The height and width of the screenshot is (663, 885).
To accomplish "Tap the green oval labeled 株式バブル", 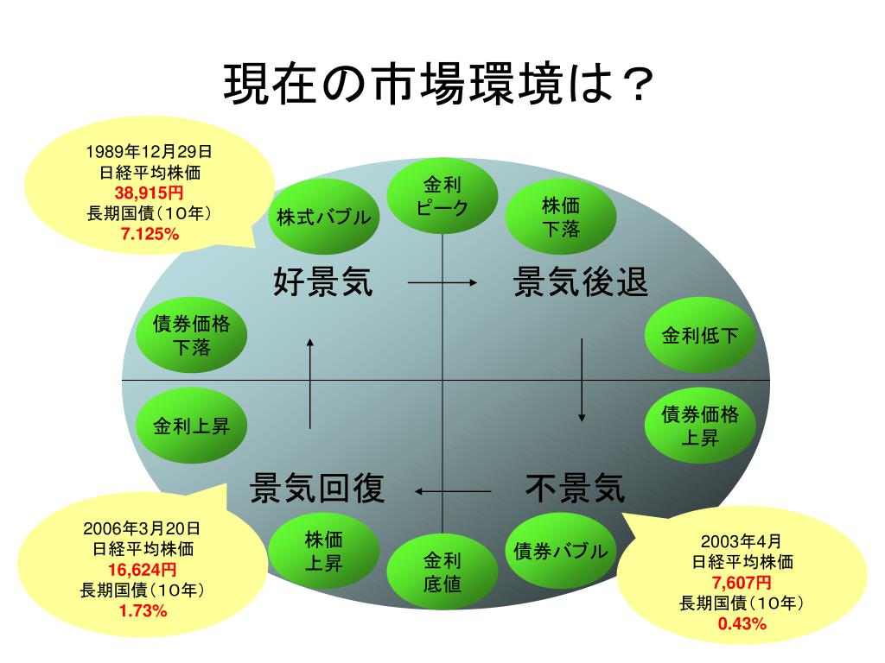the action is [x=323, y=217].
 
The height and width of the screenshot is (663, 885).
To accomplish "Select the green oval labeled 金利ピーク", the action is [x=442, y=196].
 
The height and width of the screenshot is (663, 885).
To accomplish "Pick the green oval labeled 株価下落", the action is [x=561, y=217].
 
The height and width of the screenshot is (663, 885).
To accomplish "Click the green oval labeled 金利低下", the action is [x=700, y=336].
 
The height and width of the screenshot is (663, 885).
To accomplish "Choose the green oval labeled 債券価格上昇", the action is [x=700, y=426].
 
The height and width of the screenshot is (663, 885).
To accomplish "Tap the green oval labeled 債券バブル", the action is [x=561, y=551].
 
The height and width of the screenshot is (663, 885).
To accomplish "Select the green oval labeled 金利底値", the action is [x=442, y=572].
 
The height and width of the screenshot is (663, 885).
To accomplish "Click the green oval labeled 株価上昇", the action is [x=323, y=552].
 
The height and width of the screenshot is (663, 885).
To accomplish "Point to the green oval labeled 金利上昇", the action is [x=192, y=426].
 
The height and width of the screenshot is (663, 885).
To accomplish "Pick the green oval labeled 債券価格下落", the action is [x=192, y=336].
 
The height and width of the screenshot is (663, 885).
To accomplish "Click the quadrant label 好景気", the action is [x=323, y=282].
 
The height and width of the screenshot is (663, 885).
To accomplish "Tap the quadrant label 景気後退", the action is [x=581, y=282].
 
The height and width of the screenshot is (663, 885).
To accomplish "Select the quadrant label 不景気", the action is [x=575, y=489].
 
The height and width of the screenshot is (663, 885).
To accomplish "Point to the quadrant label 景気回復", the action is [x=317, y=489].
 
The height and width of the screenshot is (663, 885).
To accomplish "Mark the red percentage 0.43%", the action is [x=742, y=623].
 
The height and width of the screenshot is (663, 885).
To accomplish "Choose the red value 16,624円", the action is [x=143, y=570].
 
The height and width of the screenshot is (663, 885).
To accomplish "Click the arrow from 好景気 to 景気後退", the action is [x=442, y=283].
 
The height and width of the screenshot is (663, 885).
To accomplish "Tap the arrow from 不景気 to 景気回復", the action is [x=452, y=491].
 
